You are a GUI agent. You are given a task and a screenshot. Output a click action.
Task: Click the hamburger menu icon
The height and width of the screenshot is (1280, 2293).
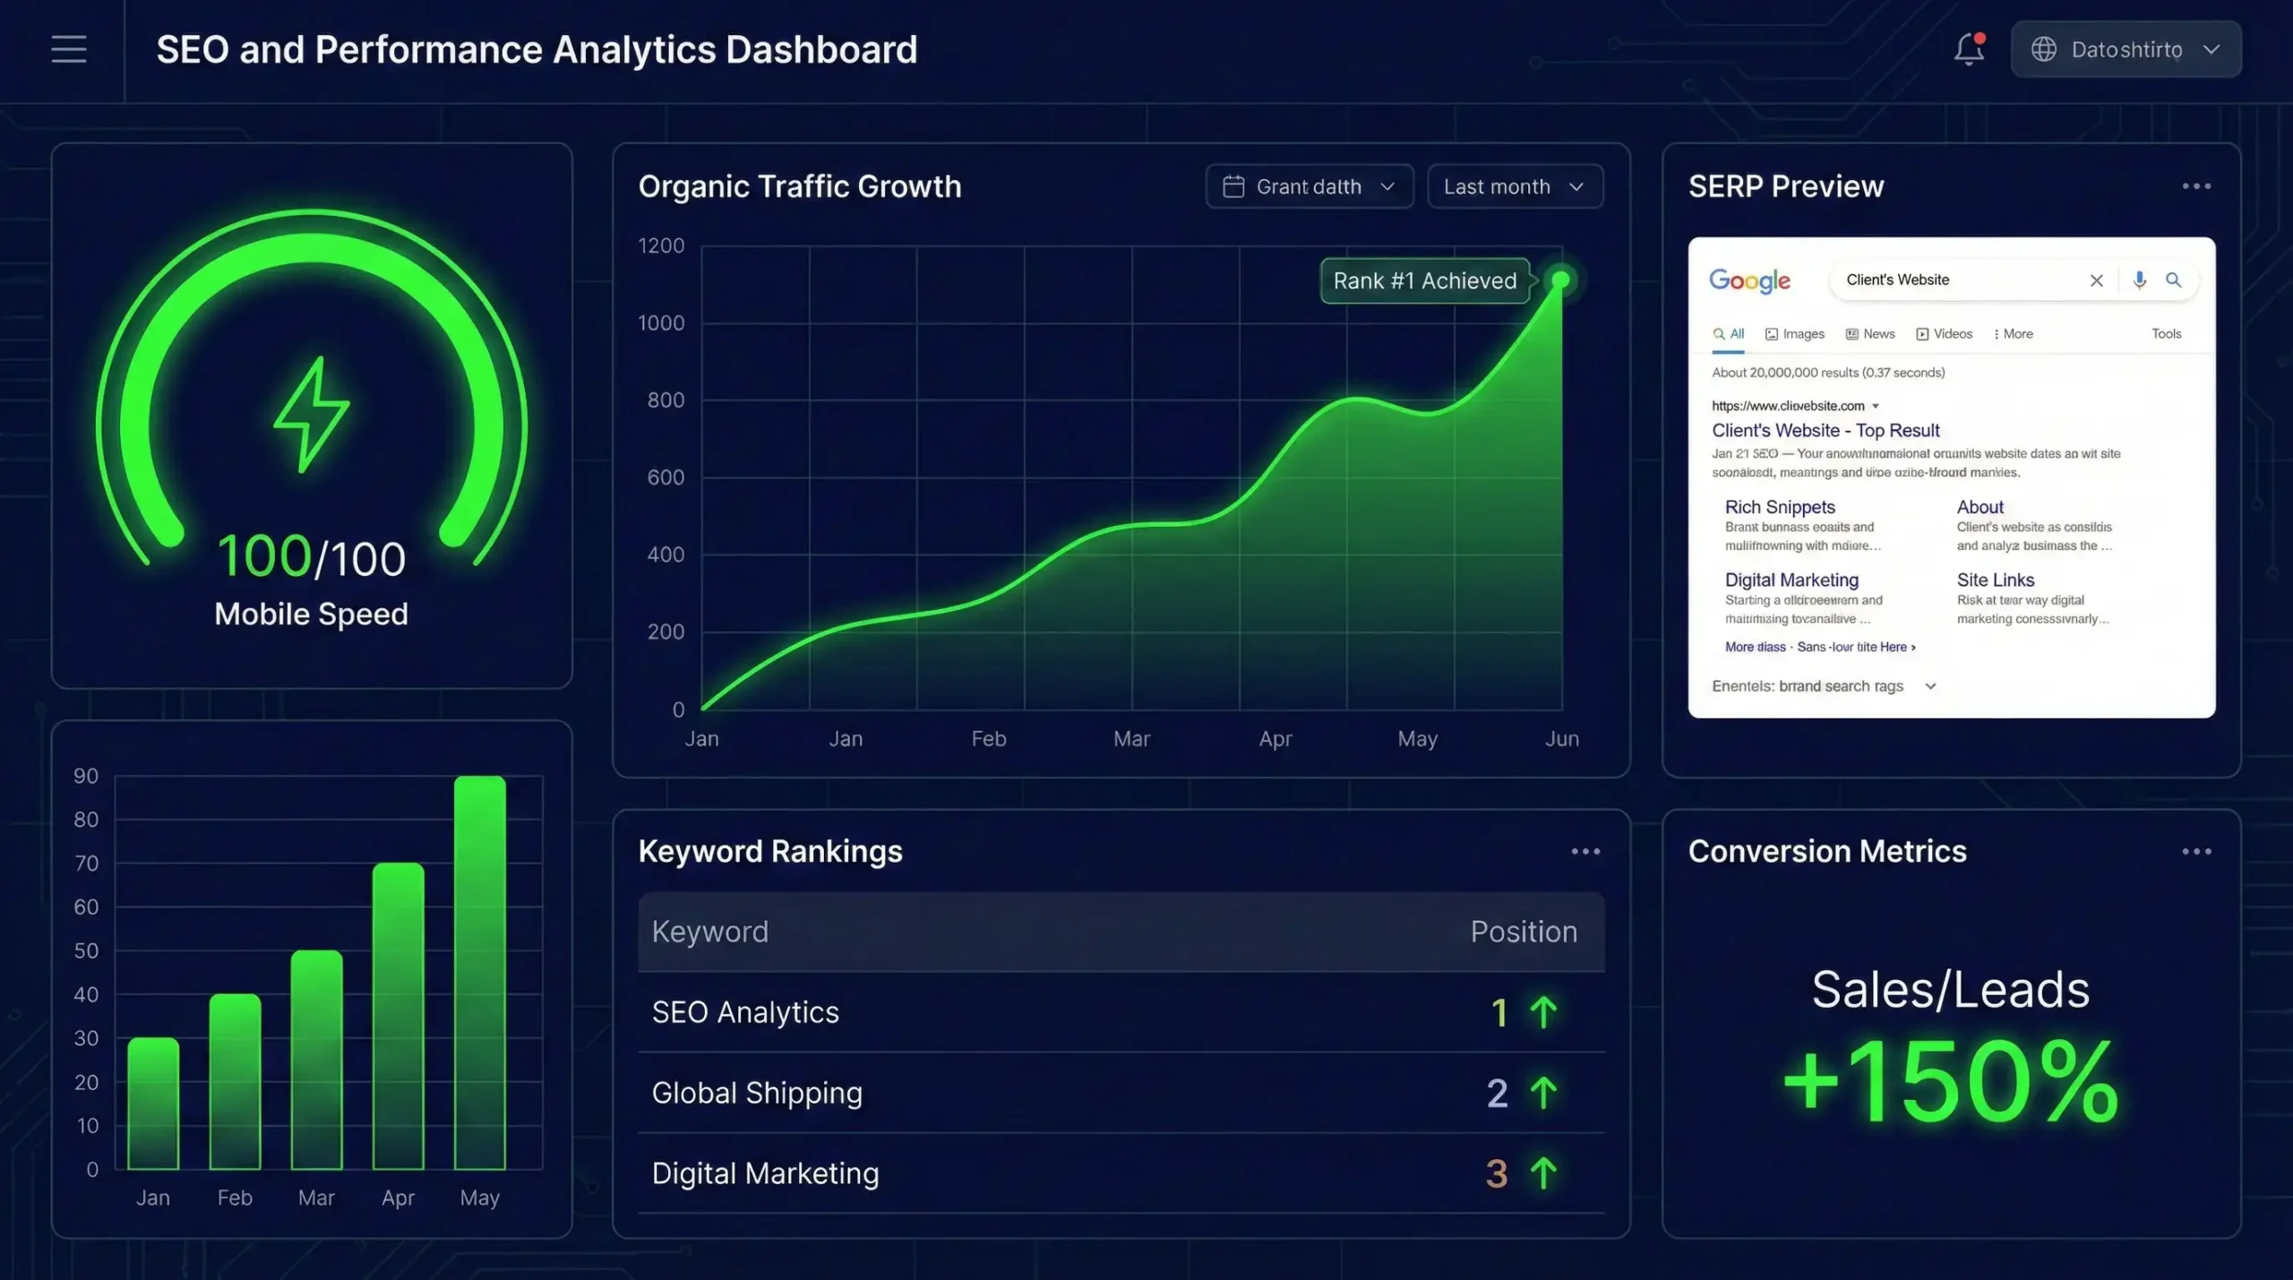(69, 49)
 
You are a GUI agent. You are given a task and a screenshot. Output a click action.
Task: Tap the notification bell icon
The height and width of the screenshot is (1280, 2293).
(1969, 49)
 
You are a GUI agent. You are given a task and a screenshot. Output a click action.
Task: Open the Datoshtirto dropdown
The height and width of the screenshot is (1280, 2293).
(2126, 49)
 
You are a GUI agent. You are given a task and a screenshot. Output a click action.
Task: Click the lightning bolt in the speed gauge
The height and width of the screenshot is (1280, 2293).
(311, 414)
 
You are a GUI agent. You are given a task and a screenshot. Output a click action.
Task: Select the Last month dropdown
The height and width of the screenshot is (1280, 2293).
(1514, 186)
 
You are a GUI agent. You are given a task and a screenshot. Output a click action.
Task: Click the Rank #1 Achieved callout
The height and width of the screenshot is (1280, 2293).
(1424, 280)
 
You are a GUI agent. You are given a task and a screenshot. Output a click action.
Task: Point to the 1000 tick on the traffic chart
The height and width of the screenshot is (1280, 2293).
(661, 323)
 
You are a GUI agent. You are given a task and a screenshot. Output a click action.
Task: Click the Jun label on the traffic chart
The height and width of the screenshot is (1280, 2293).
(1561, 739)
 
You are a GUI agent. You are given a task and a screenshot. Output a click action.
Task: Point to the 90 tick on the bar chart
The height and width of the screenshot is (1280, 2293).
(86, 776)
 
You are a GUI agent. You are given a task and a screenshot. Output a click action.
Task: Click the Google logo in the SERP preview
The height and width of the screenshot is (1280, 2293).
(1749, 280)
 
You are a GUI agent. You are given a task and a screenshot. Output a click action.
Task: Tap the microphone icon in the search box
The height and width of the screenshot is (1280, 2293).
(2139, 280)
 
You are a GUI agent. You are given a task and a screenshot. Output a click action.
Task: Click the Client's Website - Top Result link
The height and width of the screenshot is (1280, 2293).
(1825, 431)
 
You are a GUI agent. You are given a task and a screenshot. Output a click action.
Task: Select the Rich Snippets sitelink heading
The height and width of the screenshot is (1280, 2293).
(1780, 507)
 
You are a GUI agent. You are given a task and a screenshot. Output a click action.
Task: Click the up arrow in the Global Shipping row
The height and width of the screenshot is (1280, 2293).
(1543, 1093)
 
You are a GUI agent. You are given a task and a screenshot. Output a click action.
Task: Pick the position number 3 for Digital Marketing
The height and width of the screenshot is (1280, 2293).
(1497, 1173)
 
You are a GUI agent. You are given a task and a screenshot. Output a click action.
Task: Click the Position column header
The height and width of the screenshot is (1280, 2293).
(1524, 932)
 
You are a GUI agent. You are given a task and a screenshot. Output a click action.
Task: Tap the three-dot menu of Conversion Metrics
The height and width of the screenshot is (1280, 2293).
(2196, 852)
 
